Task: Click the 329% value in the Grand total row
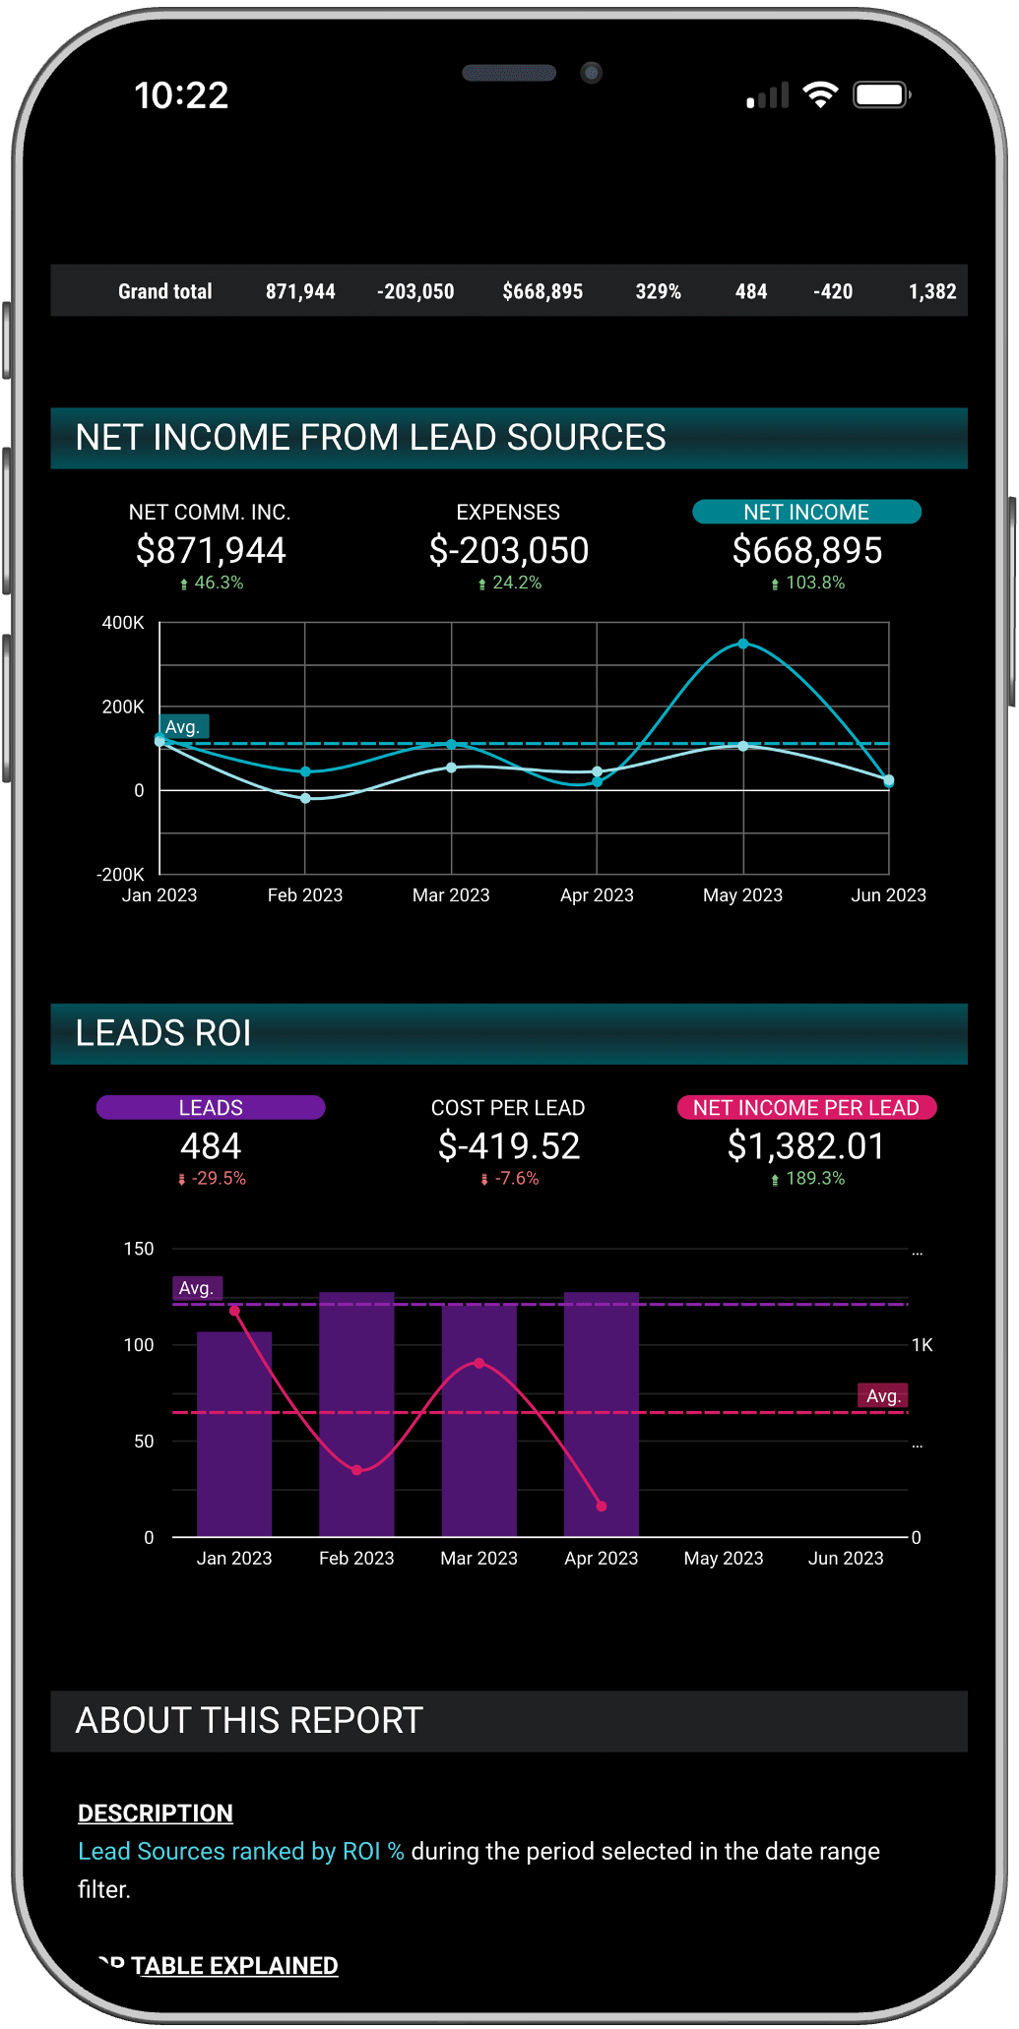click(658, 291)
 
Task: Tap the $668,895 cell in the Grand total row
click(542, 291)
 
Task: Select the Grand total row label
click(164, 291)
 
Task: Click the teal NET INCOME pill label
click(806, 512)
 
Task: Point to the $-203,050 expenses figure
click(508, 550)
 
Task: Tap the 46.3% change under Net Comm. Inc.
click(218, 583)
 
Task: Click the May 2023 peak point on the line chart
click(743, 644)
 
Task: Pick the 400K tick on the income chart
click(123, 623)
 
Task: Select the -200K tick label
click(120, 874)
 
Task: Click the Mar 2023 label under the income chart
click(451, 895)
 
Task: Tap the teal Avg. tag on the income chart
click(183, 727)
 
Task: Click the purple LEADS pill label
click(211, 1108)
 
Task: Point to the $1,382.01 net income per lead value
click(806, 1146)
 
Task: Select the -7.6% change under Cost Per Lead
click(516, 1178)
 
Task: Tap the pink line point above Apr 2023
click(602, 1506)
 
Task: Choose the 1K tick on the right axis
click(922, 1345)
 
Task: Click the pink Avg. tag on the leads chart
click(883, 1395)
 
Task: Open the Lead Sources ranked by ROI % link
click(241, 1851)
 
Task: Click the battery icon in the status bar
click(881, 94)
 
